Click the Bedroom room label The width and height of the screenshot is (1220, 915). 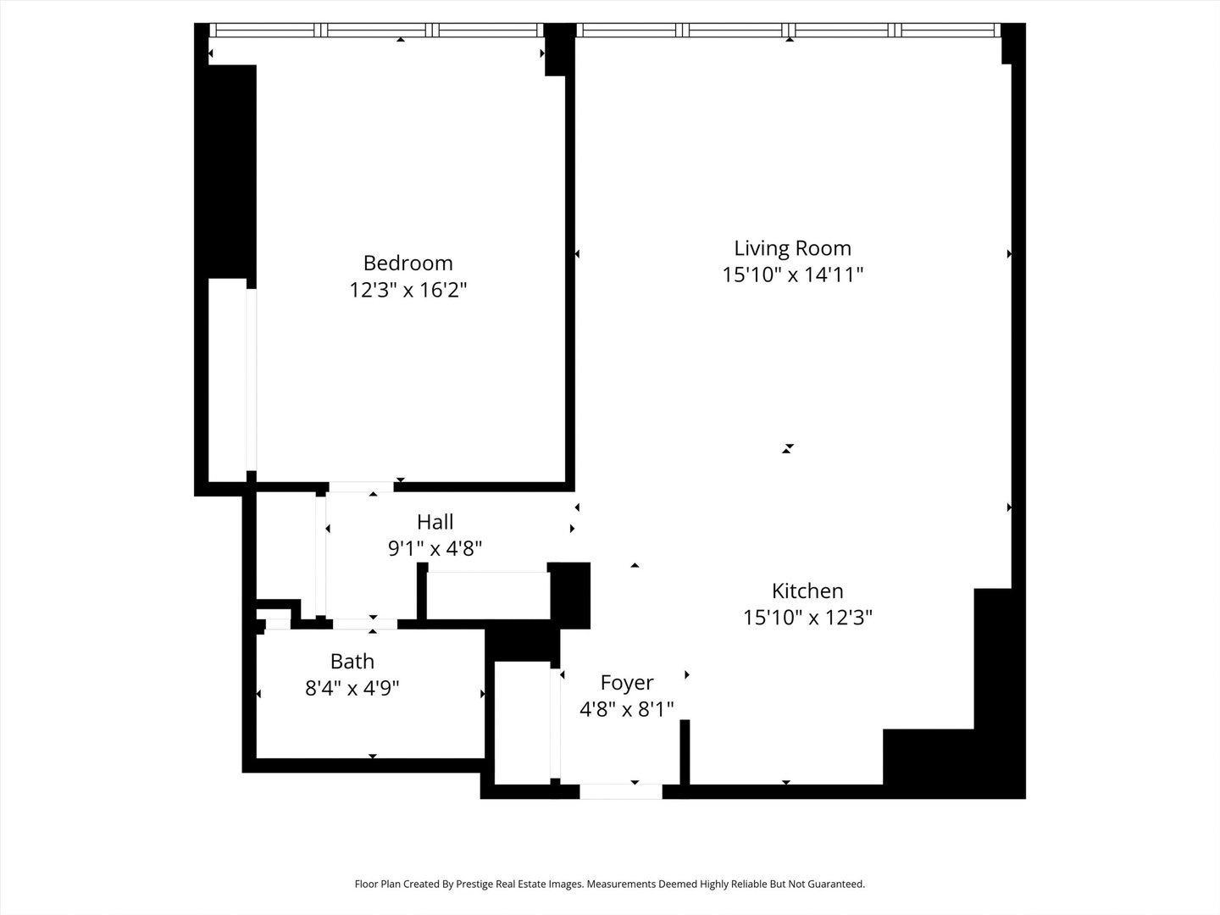[408, 263]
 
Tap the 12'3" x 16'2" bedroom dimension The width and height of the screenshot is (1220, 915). [408, 290]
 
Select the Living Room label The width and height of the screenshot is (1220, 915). [792, 248]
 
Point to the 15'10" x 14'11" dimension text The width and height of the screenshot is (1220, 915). [792, 274]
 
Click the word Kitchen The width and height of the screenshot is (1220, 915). [807, 591]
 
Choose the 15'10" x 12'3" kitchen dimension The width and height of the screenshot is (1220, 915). [807, 617]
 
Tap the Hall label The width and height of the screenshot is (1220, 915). [435, 522]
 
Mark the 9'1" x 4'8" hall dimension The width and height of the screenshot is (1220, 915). [435, 548]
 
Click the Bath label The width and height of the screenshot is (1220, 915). [352, 661]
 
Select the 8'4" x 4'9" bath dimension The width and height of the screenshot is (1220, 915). [352, 687]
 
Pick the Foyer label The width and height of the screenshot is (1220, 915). [626, 682]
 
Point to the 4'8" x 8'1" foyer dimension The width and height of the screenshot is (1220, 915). [626, 708]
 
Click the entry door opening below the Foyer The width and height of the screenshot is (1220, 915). [620, 791]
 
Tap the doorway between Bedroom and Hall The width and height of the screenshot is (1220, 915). [361, 486]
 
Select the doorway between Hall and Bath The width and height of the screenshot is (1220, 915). [364, 624]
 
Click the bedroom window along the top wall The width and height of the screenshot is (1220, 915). [377, 30]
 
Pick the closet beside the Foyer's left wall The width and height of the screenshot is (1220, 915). [522, 722]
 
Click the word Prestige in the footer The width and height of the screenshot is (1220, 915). [480, 884]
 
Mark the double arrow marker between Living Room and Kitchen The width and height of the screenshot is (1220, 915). [788, 448]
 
